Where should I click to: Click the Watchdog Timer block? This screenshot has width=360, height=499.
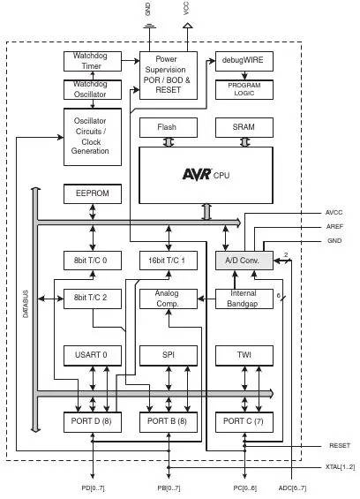(93, 61)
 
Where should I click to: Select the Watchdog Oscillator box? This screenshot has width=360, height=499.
(93, 90)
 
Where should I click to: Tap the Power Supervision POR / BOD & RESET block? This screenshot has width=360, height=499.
(169, 75)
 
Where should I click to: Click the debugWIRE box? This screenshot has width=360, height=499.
(244, 61)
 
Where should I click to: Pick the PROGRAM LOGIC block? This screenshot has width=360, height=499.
(244, 90)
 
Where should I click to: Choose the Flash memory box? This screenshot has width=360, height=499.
(169, 127)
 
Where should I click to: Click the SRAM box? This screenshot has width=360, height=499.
(244, 127)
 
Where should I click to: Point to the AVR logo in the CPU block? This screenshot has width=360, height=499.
(197, 174)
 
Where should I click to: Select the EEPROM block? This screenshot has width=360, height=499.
(93, 193)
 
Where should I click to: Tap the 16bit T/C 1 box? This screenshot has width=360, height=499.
(169, 261)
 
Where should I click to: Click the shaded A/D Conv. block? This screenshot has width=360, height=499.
(244, 261)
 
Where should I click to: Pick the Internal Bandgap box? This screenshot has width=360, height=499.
(244, 299)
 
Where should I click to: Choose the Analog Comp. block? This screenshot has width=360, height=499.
(169, 299)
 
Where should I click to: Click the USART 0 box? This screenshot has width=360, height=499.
(93, 355)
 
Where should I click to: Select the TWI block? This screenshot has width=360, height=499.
(244, 355)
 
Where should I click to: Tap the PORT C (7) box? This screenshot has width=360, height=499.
(244, 422)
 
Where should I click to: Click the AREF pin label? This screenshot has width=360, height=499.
(334, 227)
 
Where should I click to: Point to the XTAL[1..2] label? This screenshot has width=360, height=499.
(340, 467)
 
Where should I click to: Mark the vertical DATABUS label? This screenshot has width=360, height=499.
(26, 304)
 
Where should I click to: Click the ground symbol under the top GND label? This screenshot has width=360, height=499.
(149, 26)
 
